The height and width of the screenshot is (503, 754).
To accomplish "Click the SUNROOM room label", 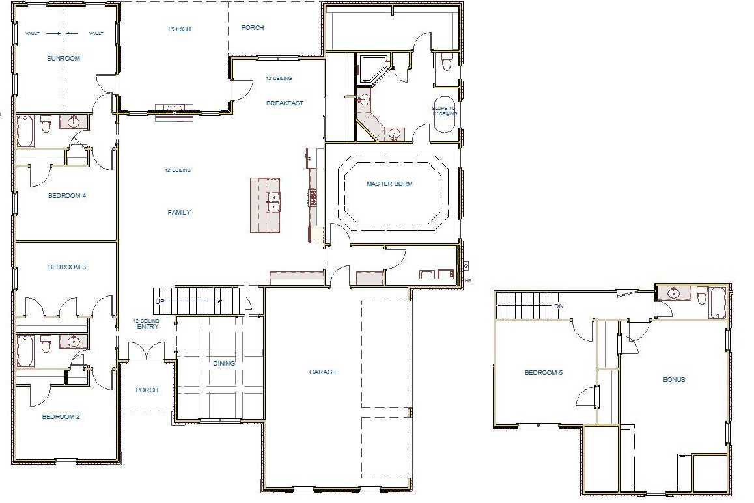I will [x=63, y=59].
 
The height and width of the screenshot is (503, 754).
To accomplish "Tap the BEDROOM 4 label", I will [x=67, y=196].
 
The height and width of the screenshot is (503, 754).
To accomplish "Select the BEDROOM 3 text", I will [x=67, y=267].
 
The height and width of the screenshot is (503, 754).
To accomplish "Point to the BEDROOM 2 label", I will [x=61, y=417].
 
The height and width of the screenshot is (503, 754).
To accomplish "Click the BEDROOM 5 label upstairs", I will [x=544, y=373].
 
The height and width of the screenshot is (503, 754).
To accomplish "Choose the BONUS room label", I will [x=674, y=380].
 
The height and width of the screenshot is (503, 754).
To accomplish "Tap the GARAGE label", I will [x=323, y=372].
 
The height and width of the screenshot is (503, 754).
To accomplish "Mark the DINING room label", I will [x=224, y=364].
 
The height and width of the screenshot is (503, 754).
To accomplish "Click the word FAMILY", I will [x=179, y=213].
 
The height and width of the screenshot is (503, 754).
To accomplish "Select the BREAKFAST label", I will [x=285, y=103].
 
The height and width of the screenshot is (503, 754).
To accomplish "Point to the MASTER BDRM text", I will [x=389, y=184].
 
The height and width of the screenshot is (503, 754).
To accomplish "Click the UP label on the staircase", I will [x=160, y=302].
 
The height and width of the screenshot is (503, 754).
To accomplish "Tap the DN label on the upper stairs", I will [x=559, y=306].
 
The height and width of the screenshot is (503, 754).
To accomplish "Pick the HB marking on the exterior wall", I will [x=468, y=281].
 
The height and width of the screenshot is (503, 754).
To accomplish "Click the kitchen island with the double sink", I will [x=266, y=204].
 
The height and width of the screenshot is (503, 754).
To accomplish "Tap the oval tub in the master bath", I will [x=445, y=115].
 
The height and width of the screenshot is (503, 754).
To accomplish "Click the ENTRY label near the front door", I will [x=147, y=327].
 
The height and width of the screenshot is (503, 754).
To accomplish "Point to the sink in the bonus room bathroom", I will [x=673, y=293].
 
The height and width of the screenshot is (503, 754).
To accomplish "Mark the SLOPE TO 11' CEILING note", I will [x=445, y=111].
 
